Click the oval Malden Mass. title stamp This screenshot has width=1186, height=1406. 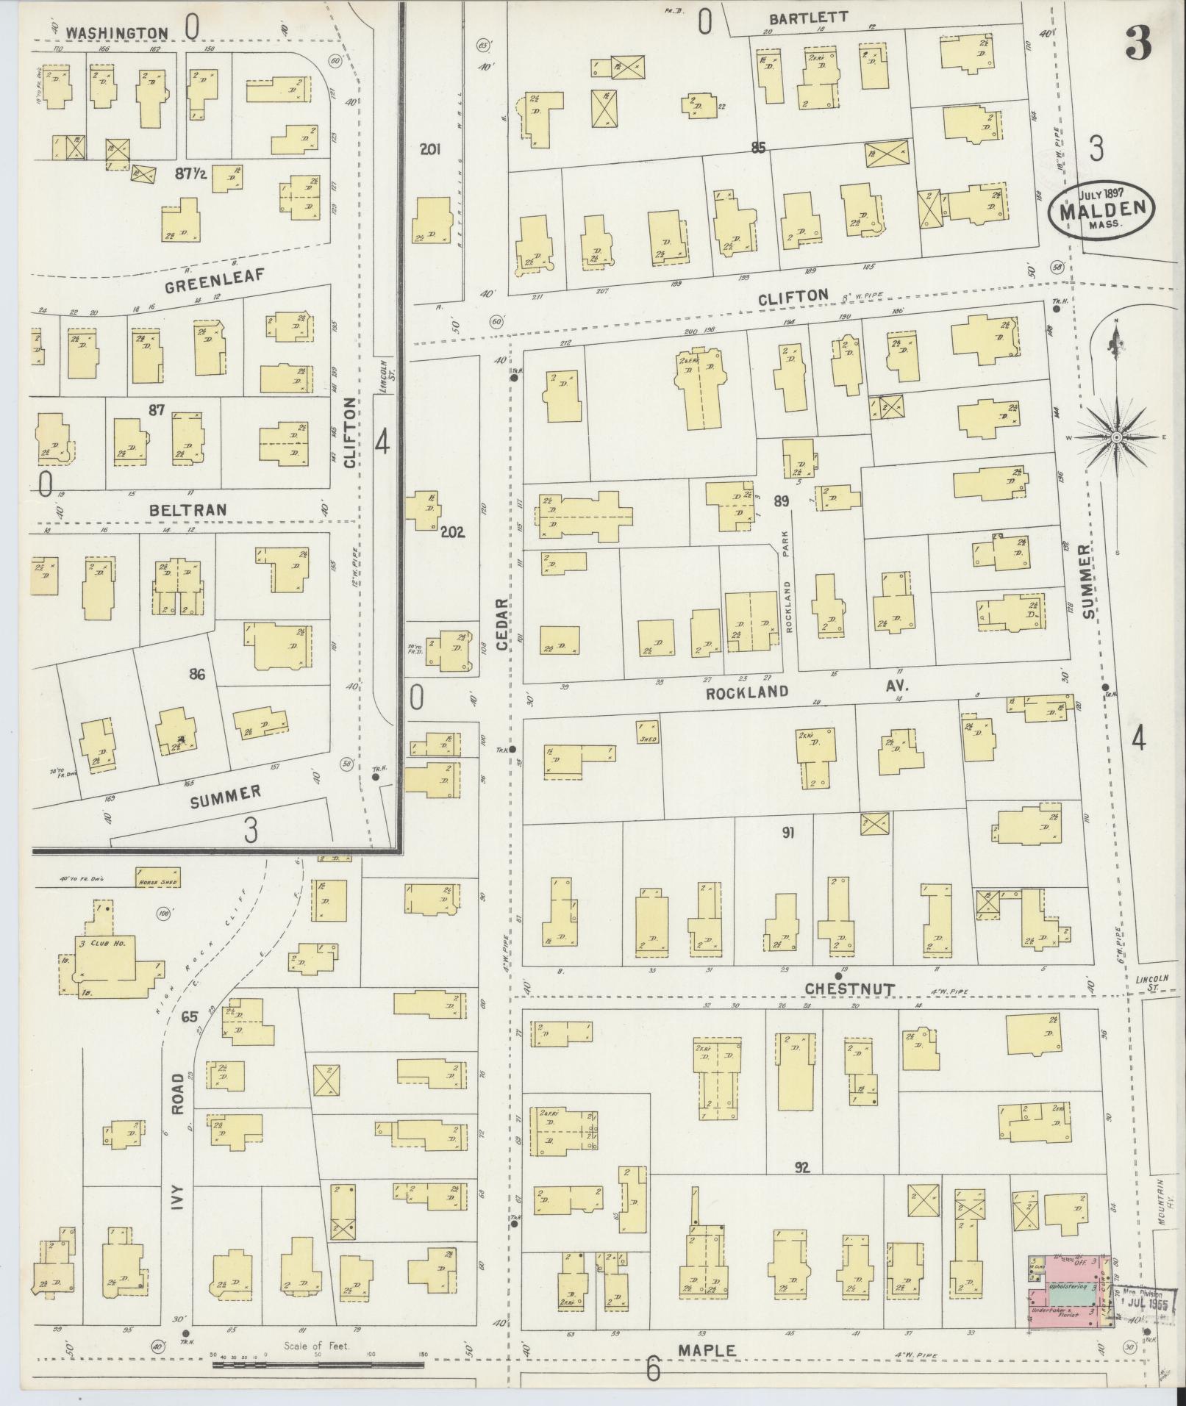tap(1101, 209)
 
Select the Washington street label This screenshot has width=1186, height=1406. tap(116, 32)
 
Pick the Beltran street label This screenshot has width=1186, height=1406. tap(187, 509)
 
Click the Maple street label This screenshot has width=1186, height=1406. tap(707, 1350)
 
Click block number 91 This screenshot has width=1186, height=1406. tap(788, 833)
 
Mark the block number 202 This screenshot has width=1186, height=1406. tap(452, 533)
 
